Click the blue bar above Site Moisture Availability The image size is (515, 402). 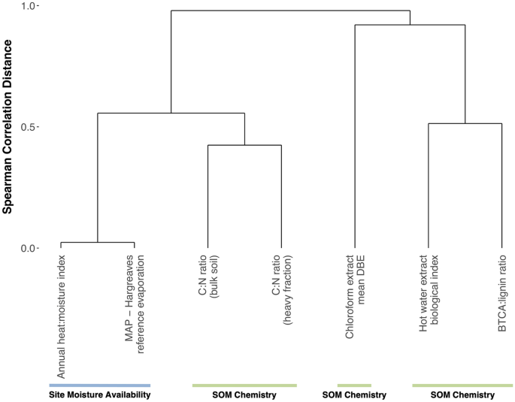click(x=99, y=385)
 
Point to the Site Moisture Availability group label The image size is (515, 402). click(x=99, y=395)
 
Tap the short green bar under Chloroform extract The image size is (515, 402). click(x=354, y=385)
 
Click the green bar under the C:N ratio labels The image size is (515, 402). click(x=244, y=385)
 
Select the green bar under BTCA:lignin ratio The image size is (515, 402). click(x=462, y=385)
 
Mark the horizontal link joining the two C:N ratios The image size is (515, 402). click(x=244, y=145)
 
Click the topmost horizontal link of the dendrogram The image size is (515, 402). click(x=290, y=11)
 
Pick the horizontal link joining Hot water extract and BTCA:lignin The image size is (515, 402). click(x=465, y=123)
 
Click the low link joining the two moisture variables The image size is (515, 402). click(x=97, y=243)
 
